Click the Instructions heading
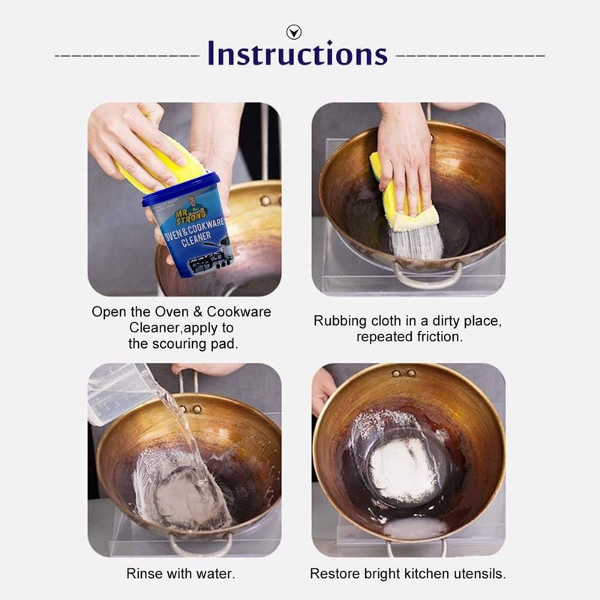point(298,53)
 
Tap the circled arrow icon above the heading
point(294,32)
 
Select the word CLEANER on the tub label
point(196,238)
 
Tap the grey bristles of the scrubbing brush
point(415,241)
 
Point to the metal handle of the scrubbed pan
point(427,276)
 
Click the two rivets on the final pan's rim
point(403,373)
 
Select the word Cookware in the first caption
point(238,312)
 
